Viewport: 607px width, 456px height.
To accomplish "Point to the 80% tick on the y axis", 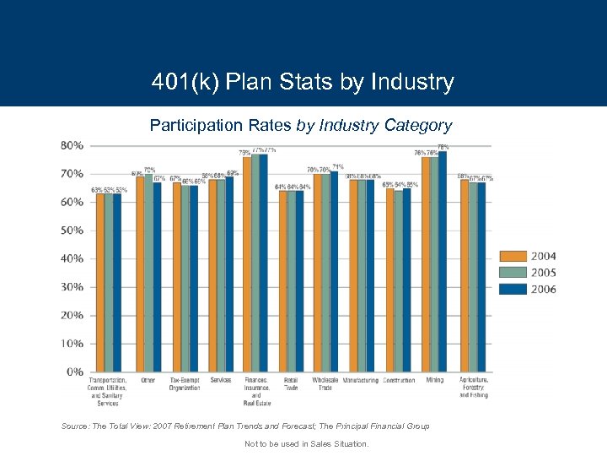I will (x=72, y=145).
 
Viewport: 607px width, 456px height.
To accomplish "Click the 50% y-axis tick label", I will (x=72, y=231).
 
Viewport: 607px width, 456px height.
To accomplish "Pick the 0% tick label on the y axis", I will (x=75, y=372).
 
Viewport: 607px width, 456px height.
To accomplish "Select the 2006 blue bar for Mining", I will (x=443, y=262).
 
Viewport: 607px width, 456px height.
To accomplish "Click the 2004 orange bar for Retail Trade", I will (x=282, y=281).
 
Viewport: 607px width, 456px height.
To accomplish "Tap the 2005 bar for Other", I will (x=148, y=273).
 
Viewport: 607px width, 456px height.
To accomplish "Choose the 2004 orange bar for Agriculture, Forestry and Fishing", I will (x=465, y=276).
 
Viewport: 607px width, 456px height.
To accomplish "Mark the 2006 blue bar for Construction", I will (x=407, y=280).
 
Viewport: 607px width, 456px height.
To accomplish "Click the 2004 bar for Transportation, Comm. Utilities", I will (x=100, y=283).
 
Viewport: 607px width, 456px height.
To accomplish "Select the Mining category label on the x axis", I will (x=435, y=380).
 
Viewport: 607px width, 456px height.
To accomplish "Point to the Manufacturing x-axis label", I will (x=360, y=381).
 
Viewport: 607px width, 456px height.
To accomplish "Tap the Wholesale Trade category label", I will (x=325, y=384).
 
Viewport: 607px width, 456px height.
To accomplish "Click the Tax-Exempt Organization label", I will (x=185, y=384).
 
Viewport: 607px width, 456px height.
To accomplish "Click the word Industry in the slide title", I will (x=412, y=83).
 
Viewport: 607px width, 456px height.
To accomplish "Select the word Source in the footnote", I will (x=74, y=426).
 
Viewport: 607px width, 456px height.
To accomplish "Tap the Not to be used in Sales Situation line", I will (x=306, y=443).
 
